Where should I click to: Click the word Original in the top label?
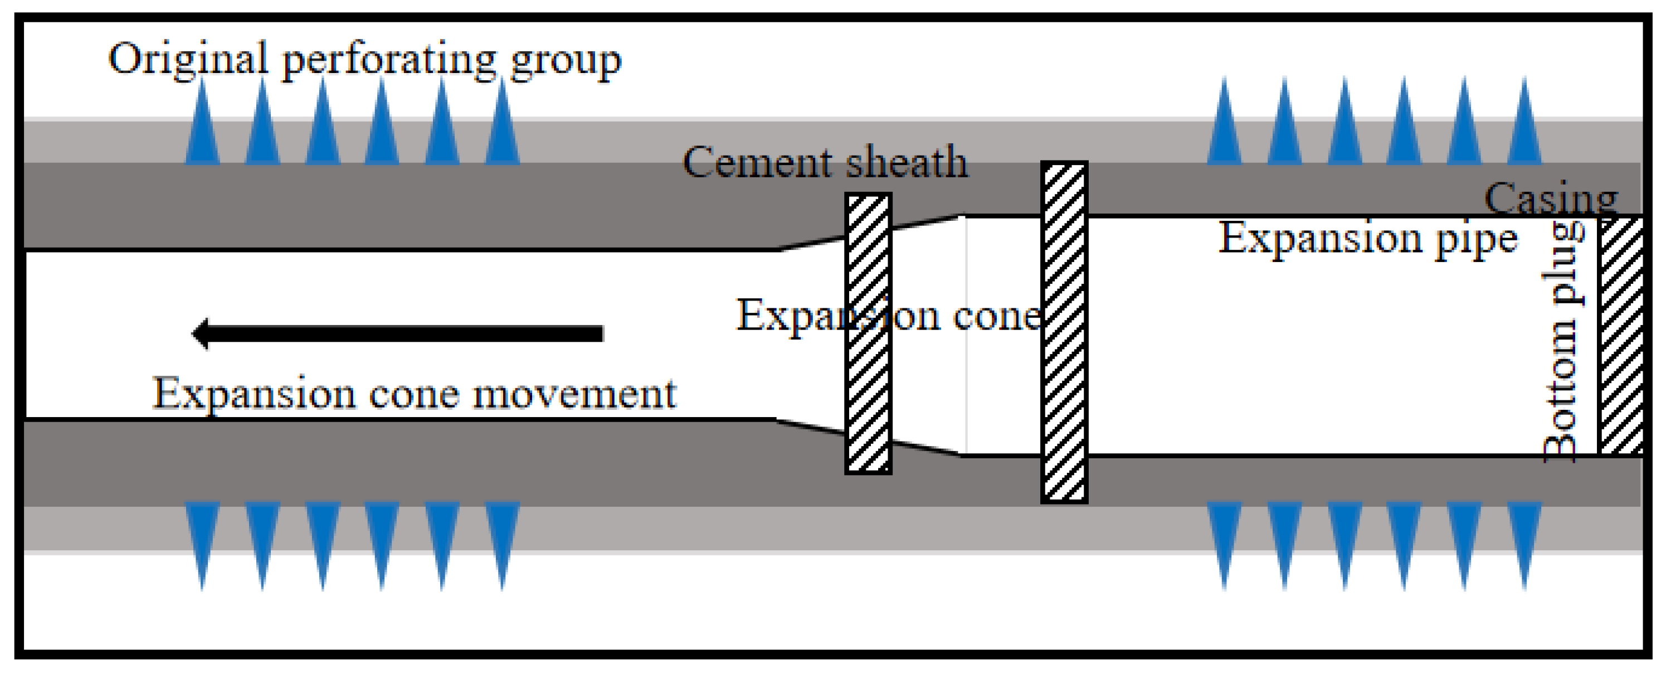(x=188, y=60)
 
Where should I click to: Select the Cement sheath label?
(x=825, y=162)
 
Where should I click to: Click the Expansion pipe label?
(x=1367, y=239)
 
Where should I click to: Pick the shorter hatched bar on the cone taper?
(x=868, y=333)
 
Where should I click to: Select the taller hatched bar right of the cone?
(x=1064, y=332)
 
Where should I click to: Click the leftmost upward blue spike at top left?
(x=202, y=126)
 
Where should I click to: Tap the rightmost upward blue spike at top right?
(x=1524, y=126)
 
